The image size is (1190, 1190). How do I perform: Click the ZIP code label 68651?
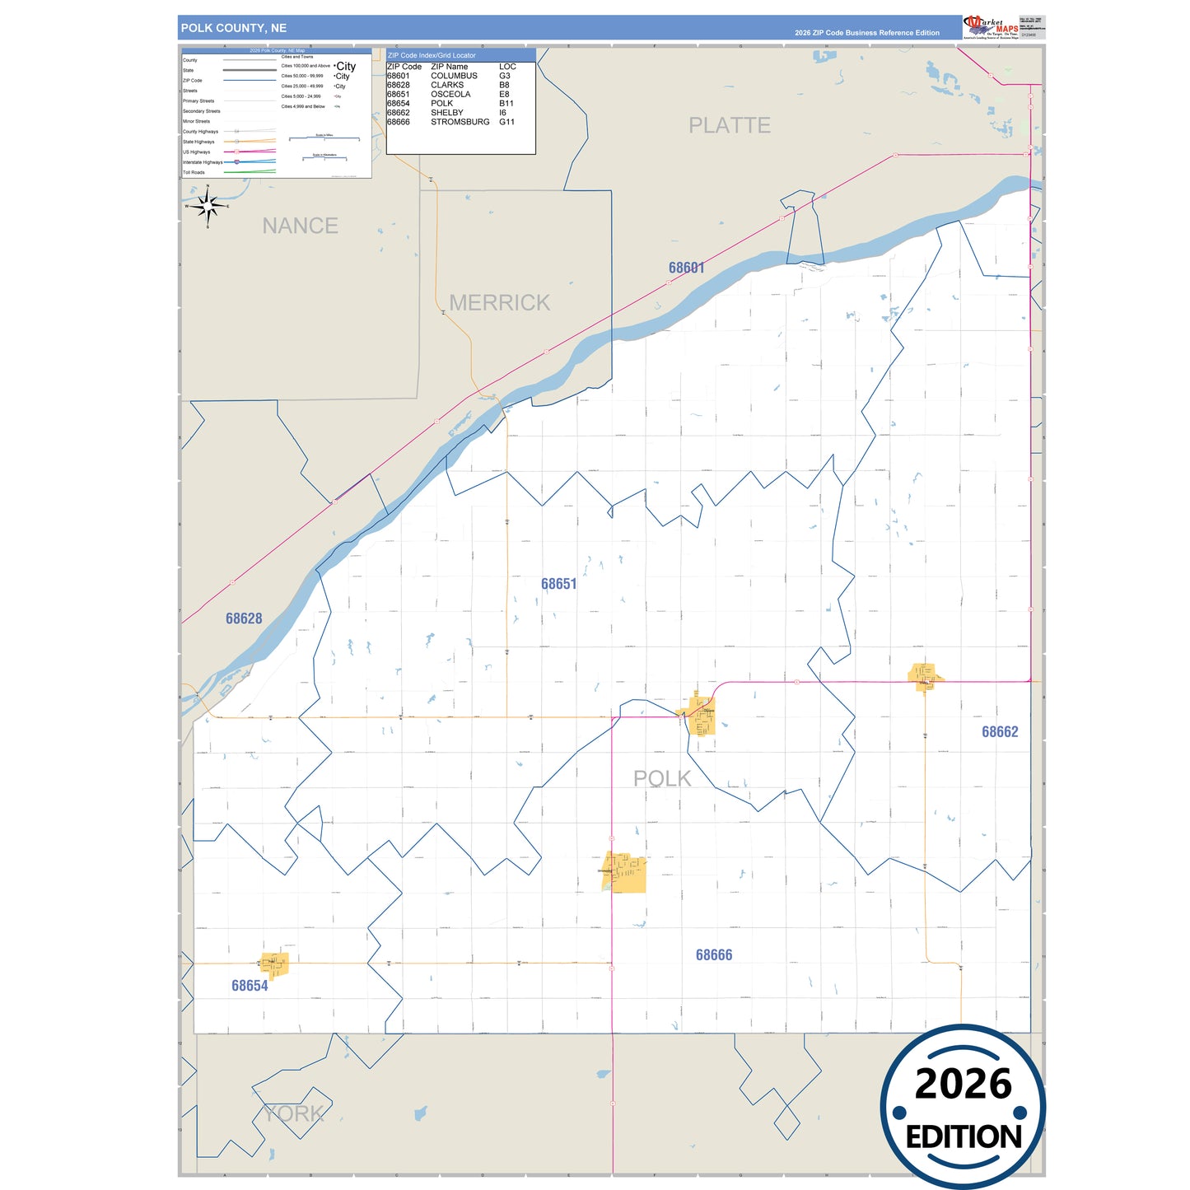pyautogui.click(x=558, y=584)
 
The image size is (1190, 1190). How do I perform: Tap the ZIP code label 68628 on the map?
pyautogui.click(x=244, y=618)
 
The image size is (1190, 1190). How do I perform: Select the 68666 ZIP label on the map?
pyautogui.click(x=713, y=954)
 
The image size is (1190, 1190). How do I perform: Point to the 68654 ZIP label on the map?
pyautogui.click(x=250, y=986)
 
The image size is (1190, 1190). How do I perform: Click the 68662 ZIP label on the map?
pyautogui.click(x=999, y=731)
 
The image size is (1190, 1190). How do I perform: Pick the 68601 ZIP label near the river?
pyautogui.click(x=686, y=268)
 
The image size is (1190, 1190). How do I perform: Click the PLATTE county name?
pyautogui.click(x=730, y=125)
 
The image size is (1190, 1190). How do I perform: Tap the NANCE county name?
pyautogui.click(x=300, y=226)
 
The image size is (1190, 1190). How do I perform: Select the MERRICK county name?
pyautogui.click(x=499, y=302)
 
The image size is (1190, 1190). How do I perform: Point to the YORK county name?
pyautogui.click(x=293, y=1113)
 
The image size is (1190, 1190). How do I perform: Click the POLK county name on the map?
pyautogui.click(x=662, y=778)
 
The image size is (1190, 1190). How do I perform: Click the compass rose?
pyautogui.click(x=208, y=206)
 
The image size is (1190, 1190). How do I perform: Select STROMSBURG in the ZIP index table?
pyautogui.click(x=460, y=122)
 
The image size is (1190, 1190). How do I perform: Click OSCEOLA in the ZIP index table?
pyautogui.click(x=450, y=94)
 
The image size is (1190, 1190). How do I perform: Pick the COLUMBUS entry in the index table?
pyautogui.click(x=454, y=76)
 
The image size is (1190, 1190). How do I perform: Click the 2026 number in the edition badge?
pyautogui.click(x=963, y=1084)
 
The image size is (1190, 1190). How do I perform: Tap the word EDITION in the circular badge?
pyautogui.click(x=964, y=1137)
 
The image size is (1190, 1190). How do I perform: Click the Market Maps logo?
pyautogui.click(x=991, y=27)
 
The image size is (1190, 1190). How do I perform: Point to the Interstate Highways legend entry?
pyautogui.click(x=203, y=162)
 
